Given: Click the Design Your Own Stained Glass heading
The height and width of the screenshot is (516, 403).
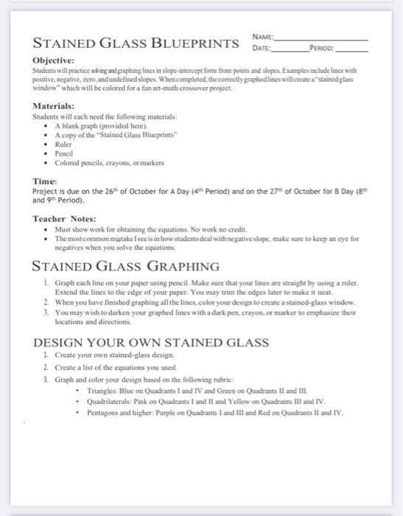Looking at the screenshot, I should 151,342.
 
